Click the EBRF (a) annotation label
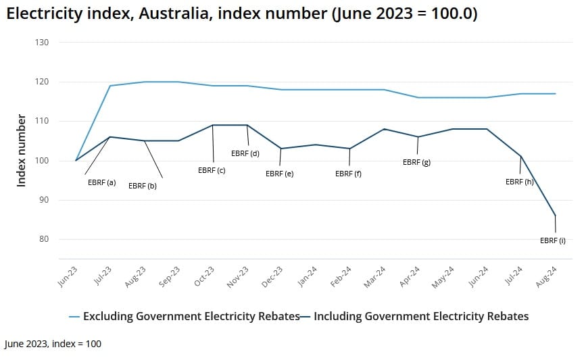click(x=101, y=182)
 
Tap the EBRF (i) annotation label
click(x=553, y=240)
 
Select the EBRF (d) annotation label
click(x=245, y=153)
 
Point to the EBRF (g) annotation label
click(x=416, y=162)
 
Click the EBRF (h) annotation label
click(x=519, y=182)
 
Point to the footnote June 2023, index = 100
click(x=53, y=344)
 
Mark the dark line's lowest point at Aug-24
click(x=555, y=215)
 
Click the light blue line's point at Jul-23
click(x=110, y=86)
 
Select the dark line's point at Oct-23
click(x=213, y=125)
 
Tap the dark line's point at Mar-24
click(x=384, y=129)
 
